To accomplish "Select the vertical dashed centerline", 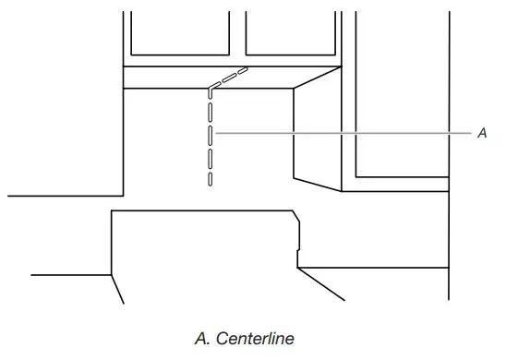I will tap(211, 138).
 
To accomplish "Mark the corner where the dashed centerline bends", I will tap(211, 89).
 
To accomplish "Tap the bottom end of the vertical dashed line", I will tap(211, 183).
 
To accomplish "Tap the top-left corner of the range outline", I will tap(112, 211).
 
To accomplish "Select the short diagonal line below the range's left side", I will tap(117, 290).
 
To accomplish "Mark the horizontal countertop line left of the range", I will tap(65, 196).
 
